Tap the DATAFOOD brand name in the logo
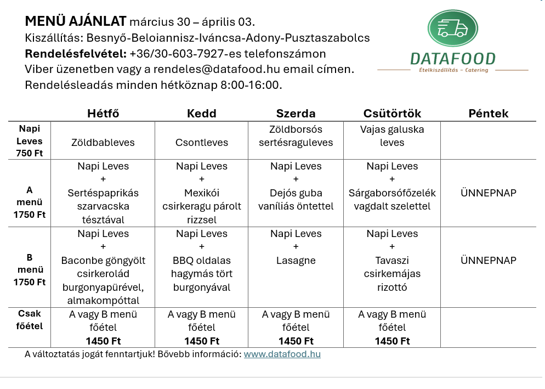point(452,59)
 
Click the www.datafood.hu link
point(282,354)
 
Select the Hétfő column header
point(103,114)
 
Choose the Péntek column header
point(489,114)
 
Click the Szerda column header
point(296,114)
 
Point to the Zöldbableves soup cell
point(103,143)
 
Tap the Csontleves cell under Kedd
point(202,143)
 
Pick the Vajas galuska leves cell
point(392,136)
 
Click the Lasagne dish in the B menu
point(296,261)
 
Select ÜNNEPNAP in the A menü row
point(489,193)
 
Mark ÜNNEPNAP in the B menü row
point(489,261)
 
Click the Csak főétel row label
point(30,320)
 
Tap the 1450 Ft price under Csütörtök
point(392,341)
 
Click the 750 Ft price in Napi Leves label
point(30,154)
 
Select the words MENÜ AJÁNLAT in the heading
point(75,22)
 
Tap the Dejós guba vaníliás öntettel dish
point(296,200)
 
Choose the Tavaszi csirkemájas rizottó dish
point(392,274)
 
